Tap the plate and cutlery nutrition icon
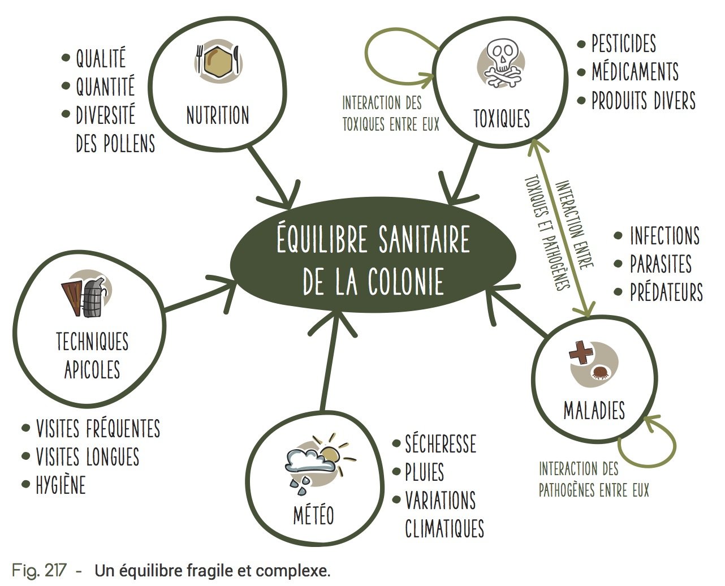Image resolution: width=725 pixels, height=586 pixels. [218, 60]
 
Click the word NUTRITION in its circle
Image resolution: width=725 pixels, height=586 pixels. [218, 115]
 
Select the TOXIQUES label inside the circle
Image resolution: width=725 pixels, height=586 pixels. [502, 119]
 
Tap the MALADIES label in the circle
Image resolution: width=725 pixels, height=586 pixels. [594, 410]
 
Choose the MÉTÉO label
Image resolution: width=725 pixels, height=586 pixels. [313, 515]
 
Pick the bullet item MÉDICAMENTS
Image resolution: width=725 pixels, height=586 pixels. [635, 72]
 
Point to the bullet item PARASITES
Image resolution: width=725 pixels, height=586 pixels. [661, 264]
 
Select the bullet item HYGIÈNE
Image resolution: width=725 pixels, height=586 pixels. [61, 485]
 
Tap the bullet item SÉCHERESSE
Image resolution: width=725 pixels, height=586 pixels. [440, 444]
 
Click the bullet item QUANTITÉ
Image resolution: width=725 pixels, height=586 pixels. [105, 87]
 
